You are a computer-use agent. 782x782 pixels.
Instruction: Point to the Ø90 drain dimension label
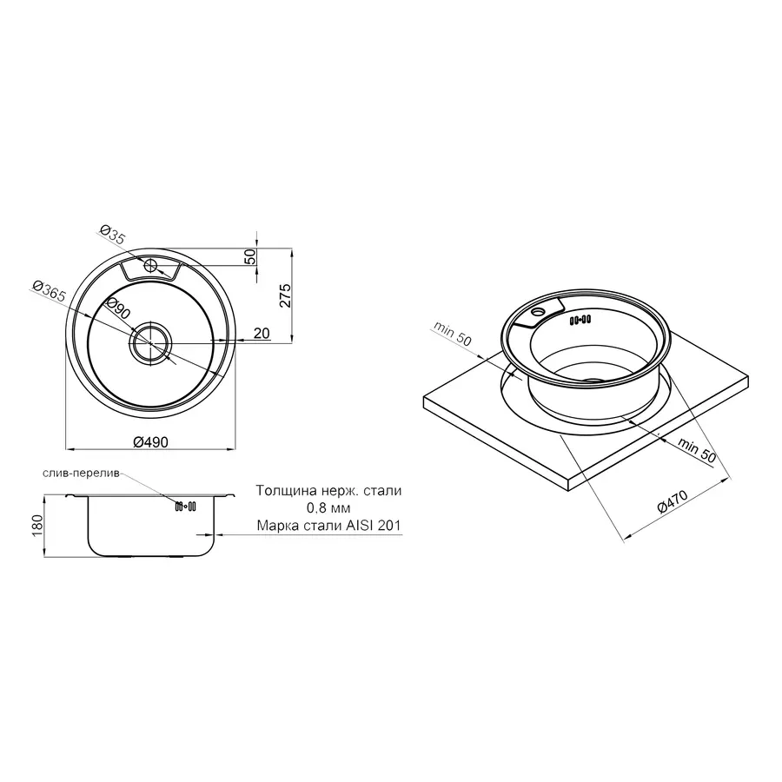[118, 309]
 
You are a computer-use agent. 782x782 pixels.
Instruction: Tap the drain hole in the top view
[152, 342]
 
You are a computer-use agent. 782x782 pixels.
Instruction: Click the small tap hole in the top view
[149, 264]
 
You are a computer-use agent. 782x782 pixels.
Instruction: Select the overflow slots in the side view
[185, 506]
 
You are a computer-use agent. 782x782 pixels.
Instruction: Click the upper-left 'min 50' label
[453, 335]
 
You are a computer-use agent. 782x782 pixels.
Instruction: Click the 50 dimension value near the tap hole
[250, 258]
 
